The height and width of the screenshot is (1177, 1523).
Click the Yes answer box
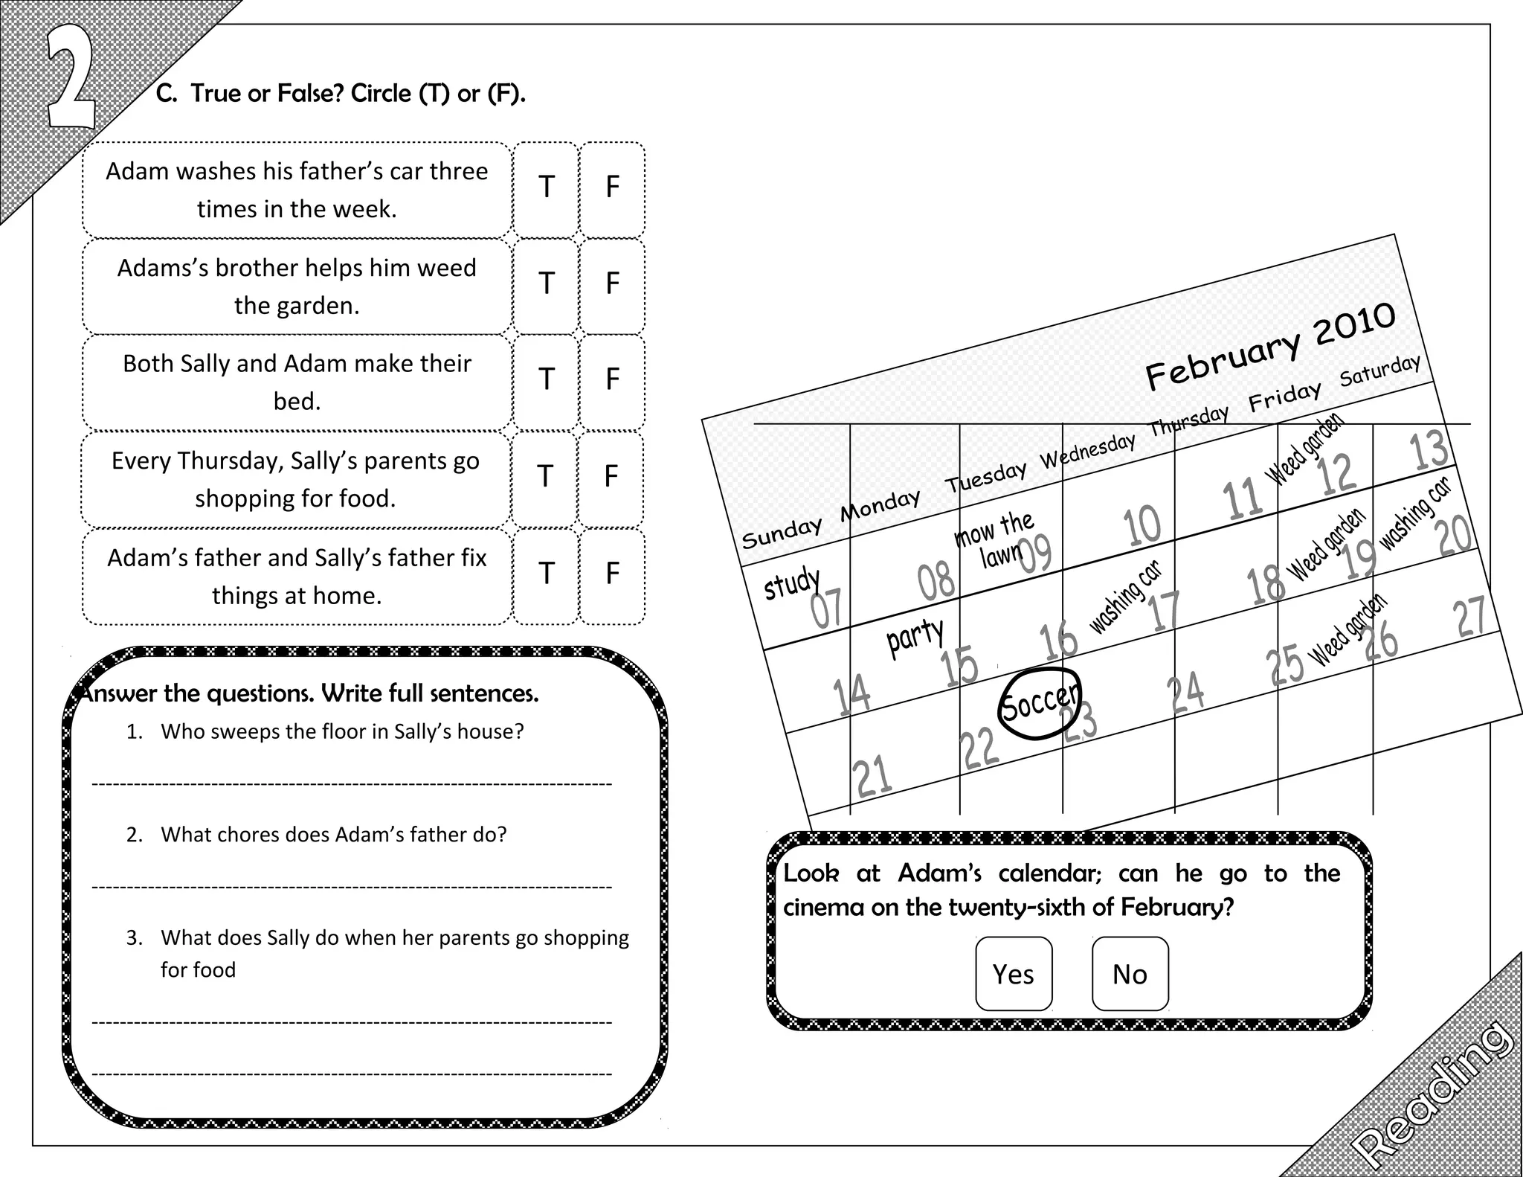click(x=1014, y=973)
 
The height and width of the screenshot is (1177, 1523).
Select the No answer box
click(x=1130, y=973)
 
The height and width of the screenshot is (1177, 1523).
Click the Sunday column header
click(x=782, y=532)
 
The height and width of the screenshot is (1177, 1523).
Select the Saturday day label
click(x=1379, y=371)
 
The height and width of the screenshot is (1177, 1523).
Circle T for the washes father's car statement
click(x=546, y=187)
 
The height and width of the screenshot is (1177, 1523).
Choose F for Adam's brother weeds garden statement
click(x=612, y=283)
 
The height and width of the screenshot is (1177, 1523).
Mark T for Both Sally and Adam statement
click(x=546, y=379)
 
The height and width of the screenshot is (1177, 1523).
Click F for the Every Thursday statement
click(x=611, y=476)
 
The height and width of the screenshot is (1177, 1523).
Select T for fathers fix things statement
click(x=546, y=573)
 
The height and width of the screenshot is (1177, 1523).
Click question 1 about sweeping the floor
click(x=341, y=731)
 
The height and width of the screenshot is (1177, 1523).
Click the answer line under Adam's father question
click(x=351, y=886)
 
